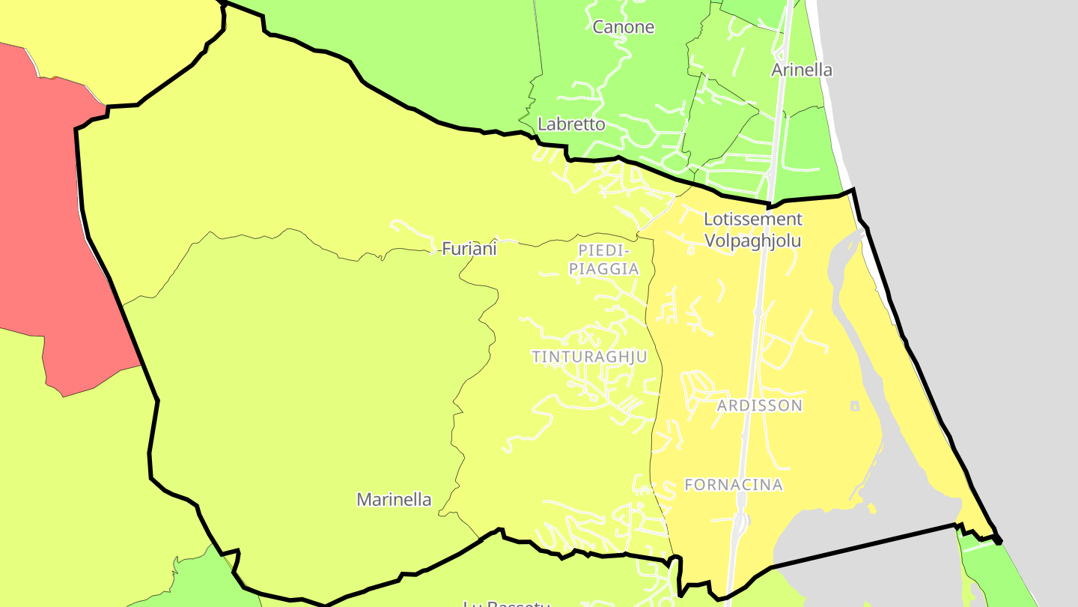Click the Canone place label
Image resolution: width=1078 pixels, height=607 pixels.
coord(624,28)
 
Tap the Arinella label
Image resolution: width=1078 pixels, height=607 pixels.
coord(802,70)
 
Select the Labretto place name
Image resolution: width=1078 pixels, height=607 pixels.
coord(571,124)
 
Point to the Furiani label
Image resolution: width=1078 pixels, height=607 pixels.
coord(469,249)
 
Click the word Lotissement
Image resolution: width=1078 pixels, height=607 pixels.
coord(752,220)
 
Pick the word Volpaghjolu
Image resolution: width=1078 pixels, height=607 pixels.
coord(752,241)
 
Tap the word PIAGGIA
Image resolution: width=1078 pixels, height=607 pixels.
coord(604,269)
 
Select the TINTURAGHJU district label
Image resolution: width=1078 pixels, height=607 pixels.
coord(589,357)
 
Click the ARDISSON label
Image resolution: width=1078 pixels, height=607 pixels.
coord(759,406)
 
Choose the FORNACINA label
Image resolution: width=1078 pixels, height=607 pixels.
coord(734,485)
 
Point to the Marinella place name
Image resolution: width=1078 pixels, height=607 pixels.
coord(394,500)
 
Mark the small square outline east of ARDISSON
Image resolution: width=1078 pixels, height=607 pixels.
coord(855,406)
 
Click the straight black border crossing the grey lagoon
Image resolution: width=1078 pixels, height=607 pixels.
coord(861,546)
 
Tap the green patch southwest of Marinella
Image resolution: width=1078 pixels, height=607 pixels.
coord(202,581)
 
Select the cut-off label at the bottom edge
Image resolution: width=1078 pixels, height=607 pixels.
coord(507,603)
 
